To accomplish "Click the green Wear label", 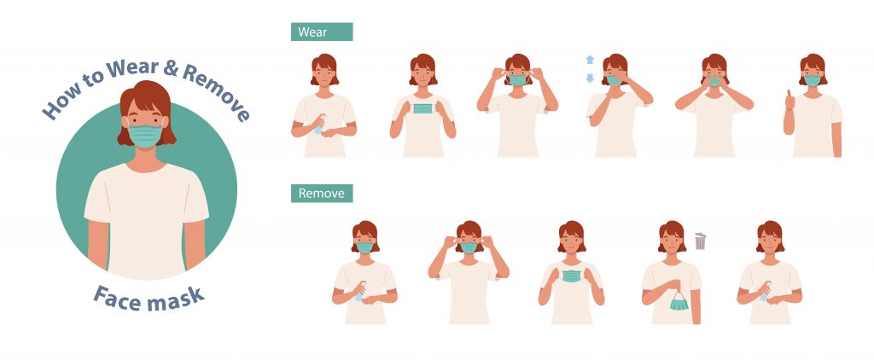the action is [322, 32].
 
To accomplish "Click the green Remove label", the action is [322, 194].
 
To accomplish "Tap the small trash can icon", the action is [700, 241].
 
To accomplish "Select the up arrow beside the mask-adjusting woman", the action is [590, 61].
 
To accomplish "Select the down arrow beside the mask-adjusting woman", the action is [590, 78].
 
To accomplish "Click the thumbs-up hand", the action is [789, 101].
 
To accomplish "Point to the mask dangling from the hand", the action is [679, 303].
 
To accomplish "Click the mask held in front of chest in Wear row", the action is [422, 108].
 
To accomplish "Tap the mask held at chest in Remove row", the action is [571, 276].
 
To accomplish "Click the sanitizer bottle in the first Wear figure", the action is [319, 125].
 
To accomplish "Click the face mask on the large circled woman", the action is [145, 136].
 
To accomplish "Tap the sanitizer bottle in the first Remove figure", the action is [360, 292].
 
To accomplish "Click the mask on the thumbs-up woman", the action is [813, 81].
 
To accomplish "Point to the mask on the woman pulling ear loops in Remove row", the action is [469, 247].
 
